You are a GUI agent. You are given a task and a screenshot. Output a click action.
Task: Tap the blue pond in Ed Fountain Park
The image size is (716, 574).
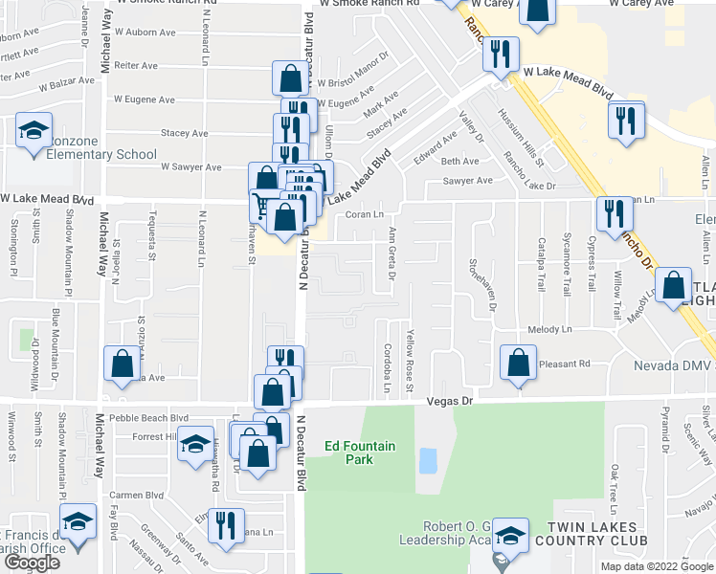point(428,461)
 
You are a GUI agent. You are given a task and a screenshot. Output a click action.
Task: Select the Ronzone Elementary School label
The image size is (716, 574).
point(90,155)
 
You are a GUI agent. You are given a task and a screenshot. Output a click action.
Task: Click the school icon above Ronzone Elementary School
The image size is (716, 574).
point(34,132)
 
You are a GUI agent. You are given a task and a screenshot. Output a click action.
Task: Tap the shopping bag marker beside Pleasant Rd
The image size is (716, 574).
point(518,364)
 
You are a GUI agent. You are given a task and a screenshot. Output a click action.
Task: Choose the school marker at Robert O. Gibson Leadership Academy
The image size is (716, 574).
point(511,539)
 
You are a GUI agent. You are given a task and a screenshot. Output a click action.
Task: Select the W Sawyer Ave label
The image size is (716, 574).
point(190,166)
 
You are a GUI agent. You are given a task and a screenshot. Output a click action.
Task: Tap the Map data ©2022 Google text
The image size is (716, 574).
point(658,566)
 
